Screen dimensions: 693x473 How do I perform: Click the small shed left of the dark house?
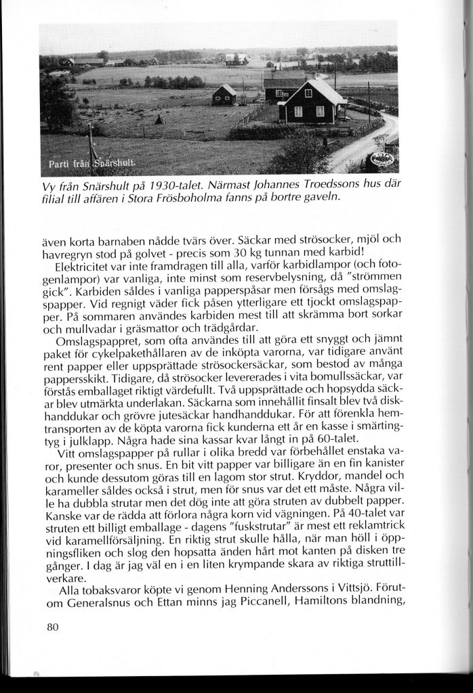pyautogui.click(x=224, y=95)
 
